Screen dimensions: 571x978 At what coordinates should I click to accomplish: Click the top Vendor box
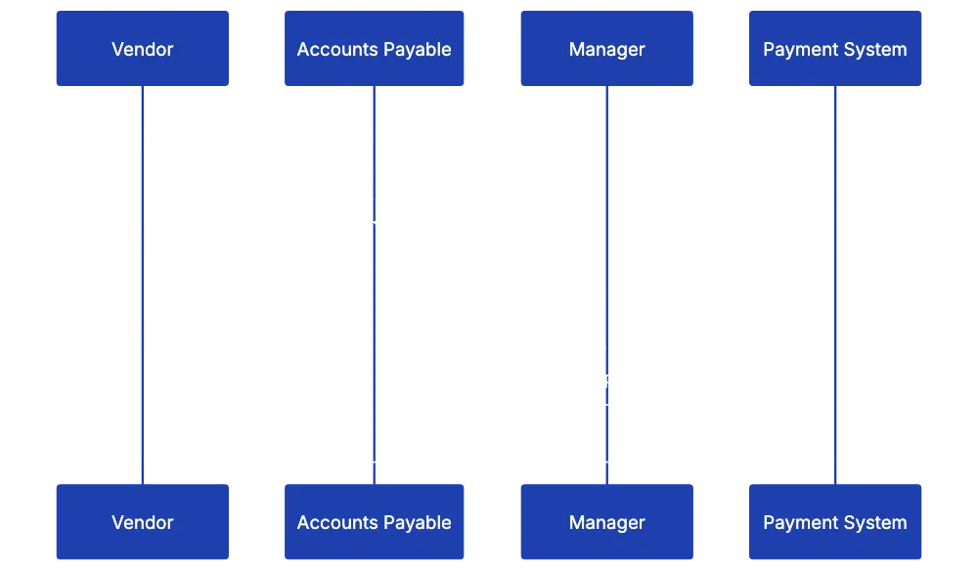click(x=143, y=49)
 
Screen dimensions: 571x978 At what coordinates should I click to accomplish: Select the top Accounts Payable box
click(x=374, y=49)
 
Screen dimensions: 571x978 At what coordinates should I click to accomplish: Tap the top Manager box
click(x=606, y=49)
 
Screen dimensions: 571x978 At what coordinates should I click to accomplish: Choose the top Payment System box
click(x=834, y=49)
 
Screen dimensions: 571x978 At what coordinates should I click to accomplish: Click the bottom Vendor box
click(x=143, y=522)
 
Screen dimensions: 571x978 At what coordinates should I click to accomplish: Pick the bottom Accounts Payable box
click(x=374, y=522)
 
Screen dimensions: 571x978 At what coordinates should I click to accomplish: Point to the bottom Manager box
click(x=606, y=522)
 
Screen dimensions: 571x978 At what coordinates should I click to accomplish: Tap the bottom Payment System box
click(x=834, y=522)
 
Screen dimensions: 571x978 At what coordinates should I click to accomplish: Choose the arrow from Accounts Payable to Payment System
click(x=602, y=402)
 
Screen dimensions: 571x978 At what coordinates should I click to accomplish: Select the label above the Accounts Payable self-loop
click(x=376, y=176)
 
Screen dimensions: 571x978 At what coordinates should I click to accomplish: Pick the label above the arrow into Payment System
click(x=601, y=380)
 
